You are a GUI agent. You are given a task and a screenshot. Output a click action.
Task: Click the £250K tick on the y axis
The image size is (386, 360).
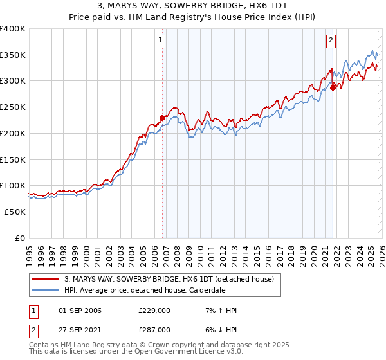(13, 107)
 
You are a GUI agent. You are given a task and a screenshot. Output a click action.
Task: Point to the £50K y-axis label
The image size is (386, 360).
(15, 212)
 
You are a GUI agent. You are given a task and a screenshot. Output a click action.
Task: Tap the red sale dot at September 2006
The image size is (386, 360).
(162, 118)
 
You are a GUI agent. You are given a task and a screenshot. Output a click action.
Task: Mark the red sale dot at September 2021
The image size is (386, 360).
(333, 87)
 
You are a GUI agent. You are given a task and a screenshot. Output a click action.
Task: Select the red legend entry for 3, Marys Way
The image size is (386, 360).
(169, 279)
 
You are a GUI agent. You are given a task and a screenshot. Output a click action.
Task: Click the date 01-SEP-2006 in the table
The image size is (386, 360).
(80, 310)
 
